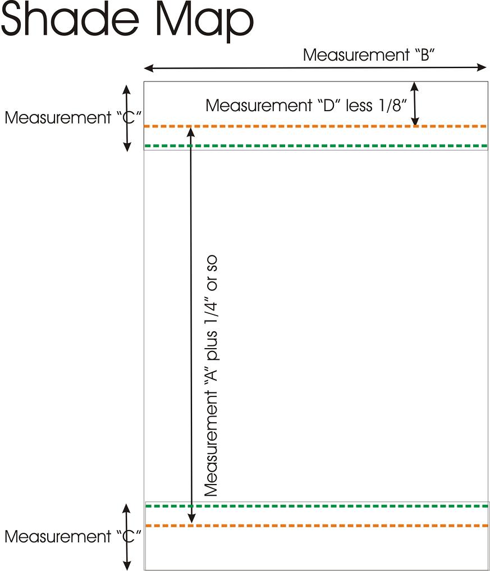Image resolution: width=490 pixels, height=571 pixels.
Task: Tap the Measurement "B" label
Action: pos(369,55)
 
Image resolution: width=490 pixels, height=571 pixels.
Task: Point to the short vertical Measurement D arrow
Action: pos(415,104)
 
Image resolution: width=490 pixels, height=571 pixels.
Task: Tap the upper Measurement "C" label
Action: pos(72,118)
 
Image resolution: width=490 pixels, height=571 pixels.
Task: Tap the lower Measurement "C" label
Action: pos(72,537)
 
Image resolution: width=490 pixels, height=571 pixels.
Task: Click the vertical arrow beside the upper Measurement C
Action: pos(127,118)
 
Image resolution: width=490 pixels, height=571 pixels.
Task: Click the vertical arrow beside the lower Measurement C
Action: pos(127,537)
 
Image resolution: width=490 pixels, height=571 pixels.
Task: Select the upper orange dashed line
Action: pos(314,126)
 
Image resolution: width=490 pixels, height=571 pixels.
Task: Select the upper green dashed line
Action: pos(314,146)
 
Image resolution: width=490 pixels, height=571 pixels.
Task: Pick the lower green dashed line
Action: pos(314,506)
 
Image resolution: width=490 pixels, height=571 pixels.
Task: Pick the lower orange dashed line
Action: pos(314,526)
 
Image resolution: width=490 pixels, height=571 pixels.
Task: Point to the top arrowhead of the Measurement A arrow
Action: pos(191,131)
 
